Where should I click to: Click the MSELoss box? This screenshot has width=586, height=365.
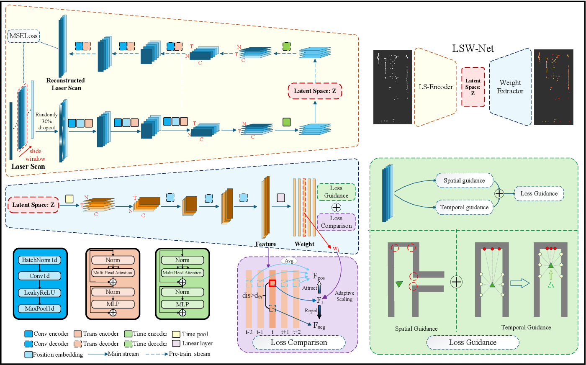pyautogui.click(x=23, y=36)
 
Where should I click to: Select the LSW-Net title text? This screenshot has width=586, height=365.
pyautogui.click(x=473, y=49)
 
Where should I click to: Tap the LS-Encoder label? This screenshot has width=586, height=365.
pyautogui.click(x=436, y=87)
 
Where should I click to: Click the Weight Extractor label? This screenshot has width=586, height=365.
pyautogui.click(x=510, y=87)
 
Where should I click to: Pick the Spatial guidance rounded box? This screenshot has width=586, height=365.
pyautogui.click(x=464, y=180)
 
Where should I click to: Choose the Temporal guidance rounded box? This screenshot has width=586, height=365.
pyautogui.click(x=464, y=207)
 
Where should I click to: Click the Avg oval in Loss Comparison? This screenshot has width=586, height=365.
pyautogui.click(x=289, y=261)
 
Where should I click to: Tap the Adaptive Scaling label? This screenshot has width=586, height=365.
pyautogui.click(x=344, y=296)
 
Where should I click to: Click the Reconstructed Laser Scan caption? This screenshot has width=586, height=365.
pyautogui.click(x=66, y=84)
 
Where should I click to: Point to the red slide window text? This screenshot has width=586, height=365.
pyautogui.click(x=35, y=155)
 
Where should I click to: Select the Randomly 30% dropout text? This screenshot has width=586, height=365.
pyautogui.click(x=46, y=121)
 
